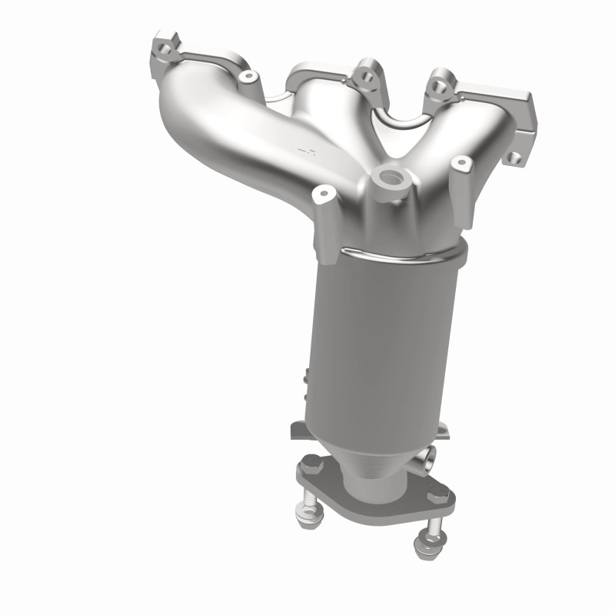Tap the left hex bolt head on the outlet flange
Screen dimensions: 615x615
click(311, 464)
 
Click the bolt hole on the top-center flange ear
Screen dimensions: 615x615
click(361, 78)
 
